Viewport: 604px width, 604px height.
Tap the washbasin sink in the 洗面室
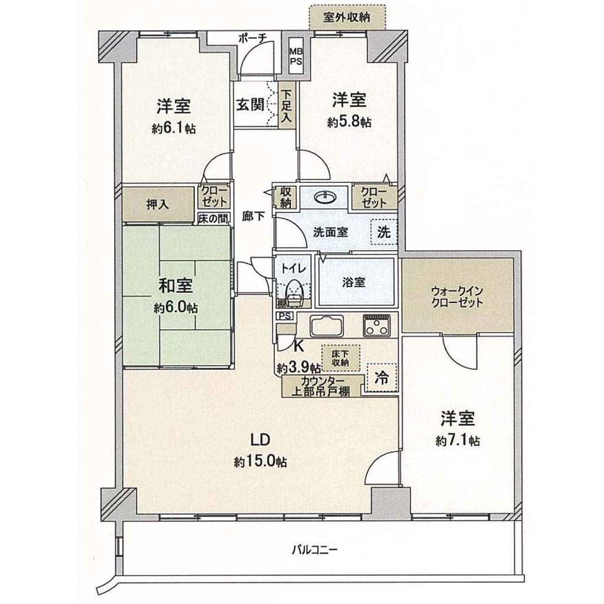(325, 198)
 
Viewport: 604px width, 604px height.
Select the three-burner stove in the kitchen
(376, 326)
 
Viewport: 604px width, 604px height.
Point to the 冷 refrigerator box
(382, 377)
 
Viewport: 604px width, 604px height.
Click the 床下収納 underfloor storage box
(340, 357)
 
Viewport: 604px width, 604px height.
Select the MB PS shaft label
(297, 56)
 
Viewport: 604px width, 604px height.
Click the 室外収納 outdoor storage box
(347, 17)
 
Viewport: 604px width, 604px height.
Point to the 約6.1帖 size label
(174, 128)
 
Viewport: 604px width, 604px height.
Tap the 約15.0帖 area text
(260, 461)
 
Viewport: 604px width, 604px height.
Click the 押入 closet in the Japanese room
(158, 204)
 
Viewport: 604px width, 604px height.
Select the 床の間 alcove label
(214, 218)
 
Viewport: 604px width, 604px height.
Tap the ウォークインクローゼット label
(457, 297)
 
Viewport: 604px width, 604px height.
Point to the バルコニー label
(314, 549)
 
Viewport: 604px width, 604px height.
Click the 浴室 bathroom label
(354, 283)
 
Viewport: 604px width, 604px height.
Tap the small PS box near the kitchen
(285, 316)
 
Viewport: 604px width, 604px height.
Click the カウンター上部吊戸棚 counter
(321, 386)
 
